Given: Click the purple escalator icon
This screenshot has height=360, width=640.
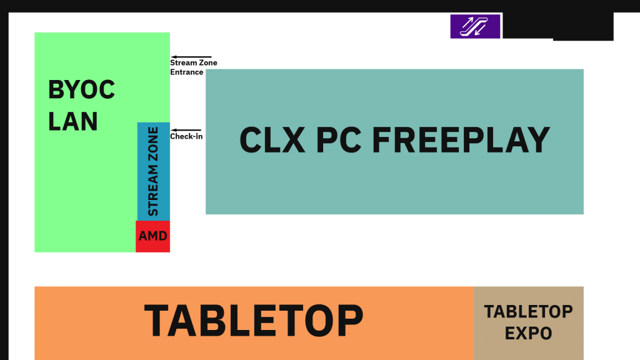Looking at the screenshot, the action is [475, 26].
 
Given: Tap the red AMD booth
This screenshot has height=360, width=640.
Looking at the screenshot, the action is [152, 236].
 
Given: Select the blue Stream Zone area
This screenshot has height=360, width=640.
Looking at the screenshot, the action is [153, 171].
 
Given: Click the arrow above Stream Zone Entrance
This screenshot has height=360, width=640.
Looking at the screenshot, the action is [191, 57].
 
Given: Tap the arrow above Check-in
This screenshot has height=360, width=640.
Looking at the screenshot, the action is [186, 130].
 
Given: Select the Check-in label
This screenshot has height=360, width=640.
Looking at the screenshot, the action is [186, 137].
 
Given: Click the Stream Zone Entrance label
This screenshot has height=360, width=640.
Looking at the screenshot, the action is [193, 67].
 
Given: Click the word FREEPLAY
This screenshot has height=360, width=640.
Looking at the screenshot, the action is [461, 141].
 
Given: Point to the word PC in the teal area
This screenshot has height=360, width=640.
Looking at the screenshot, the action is [339, 141].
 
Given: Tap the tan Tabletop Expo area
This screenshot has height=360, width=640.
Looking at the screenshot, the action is [528, 322].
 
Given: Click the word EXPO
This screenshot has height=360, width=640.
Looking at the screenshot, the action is [528, 333].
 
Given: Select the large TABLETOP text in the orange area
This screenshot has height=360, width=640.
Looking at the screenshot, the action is [253, 321].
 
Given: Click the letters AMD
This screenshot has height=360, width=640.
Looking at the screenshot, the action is [152, 237].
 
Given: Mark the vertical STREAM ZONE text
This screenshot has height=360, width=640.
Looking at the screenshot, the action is [153, 171].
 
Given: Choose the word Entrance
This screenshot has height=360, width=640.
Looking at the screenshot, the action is [186, 72].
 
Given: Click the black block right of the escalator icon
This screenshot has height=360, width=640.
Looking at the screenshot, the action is [557, 26].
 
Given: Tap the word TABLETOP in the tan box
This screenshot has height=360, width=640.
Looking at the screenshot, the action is [528, 311].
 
